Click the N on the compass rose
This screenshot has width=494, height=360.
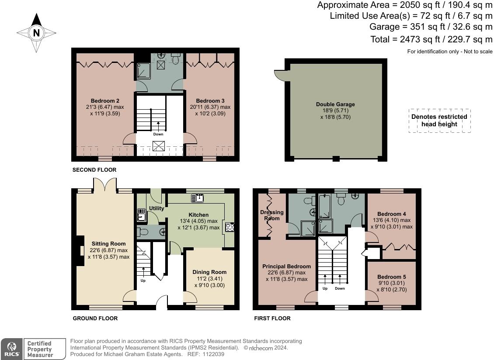tap(37, 33)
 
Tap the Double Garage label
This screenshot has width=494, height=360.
tap(336, 104)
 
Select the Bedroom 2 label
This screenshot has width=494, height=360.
tap(105, 101)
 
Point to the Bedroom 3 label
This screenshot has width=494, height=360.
tap(210, 101)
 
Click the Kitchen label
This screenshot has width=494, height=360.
tap(198, 215)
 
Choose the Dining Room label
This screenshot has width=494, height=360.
tap(209, 272)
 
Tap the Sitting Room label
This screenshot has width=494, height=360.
tap(109, 244)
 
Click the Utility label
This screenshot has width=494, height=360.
tap(157, 208)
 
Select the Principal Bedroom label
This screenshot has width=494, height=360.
tap(287, 267)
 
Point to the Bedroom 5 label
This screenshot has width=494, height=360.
tap(392, 277)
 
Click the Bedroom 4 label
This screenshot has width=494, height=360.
tap(392, 214)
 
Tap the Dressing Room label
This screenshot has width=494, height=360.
tap(272, 215)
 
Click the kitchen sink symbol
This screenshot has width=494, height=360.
tap(198, 198)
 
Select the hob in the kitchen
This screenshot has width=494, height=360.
tap(230, 227)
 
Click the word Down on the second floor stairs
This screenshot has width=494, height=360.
tap(158, 134)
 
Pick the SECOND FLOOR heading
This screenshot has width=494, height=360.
tap(94, 170)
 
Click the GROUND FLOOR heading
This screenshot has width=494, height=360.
tap(95, 318)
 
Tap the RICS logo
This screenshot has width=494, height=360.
tap(12, 349)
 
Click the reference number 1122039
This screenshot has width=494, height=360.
tap(213, 354)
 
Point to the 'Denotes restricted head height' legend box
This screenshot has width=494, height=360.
tap(439, 121)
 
